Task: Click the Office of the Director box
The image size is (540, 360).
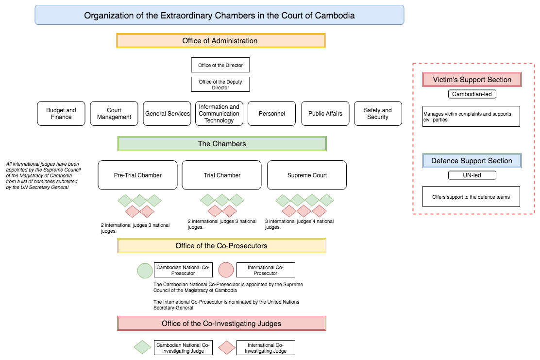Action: (220, 65)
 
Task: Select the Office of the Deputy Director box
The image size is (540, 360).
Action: (220, 85)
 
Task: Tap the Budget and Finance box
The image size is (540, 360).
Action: (61, 114)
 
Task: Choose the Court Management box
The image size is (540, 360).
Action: (114, 114)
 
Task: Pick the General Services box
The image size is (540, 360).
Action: (167, 114)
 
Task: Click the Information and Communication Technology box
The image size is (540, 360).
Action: (219, 114)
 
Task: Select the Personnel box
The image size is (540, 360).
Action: (271, 114)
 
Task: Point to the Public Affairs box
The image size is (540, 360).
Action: (325, 114)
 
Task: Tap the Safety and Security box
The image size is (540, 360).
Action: (378, 114)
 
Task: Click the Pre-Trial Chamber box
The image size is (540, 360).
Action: (137, 175)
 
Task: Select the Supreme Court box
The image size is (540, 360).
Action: (307, 175)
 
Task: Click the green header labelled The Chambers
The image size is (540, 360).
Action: (222, 144)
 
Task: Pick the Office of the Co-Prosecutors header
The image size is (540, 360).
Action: (221, 246)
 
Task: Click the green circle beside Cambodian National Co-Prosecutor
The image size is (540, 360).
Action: (145, 270)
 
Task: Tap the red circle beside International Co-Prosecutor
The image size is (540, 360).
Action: (226, 270)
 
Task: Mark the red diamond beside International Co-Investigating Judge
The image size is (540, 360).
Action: (226, 347)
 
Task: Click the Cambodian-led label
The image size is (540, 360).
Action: (472, 94)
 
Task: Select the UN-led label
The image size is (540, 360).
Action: (472, 175)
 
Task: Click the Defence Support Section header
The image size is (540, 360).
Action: (472, 161)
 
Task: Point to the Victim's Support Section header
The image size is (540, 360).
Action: (472, 80)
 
